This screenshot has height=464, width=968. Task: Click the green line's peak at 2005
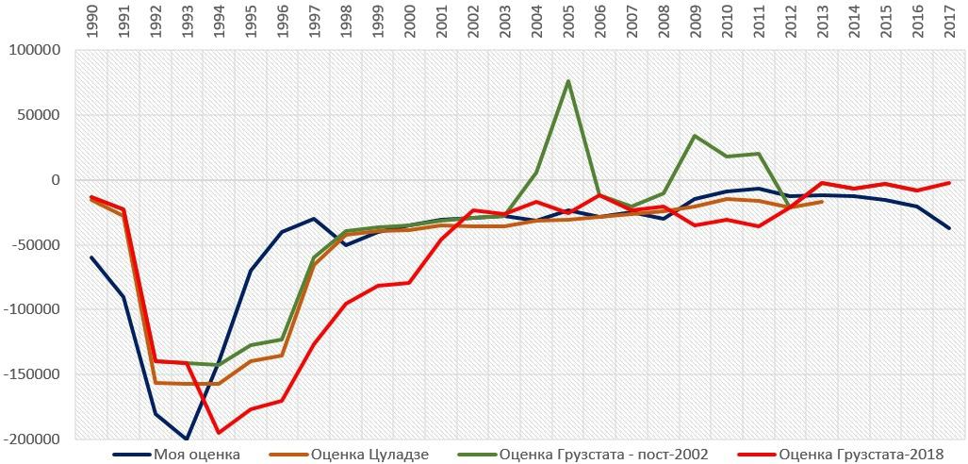click(x=567, y=81)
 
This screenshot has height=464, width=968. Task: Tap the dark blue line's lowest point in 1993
click(x=187, y=439)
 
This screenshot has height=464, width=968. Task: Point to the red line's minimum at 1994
click(x=219, y=433)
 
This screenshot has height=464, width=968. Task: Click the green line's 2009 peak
click(x=695, y=136)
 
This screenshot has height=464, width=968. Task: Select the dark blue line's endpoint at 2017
click(x=949, y=228)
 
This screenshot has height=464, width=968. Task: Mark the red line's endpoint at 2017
click(x=949, y=183)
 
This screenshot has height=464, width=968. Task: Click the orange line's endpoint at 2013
click(x=822, y=202)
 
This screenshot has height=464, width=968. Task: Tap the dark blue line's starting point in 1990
click(x=91, y=257)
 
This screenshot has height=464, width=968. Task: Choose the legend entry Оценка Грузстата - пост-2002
click(x=603, y=455)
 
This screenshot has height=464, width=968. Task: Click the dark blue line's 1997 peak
click(x=314, y=219)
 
